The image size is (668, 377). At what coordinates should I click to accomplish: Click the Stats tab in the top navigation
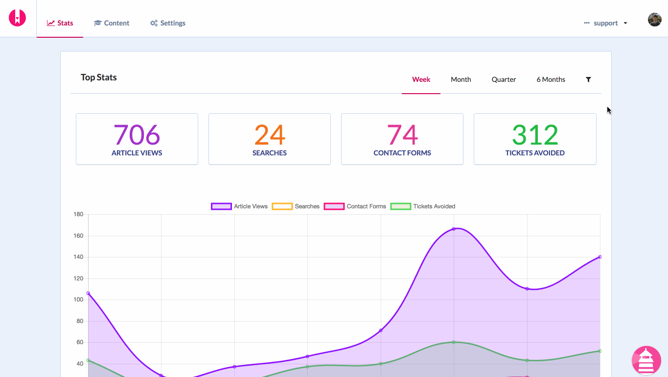[x=60, y=23]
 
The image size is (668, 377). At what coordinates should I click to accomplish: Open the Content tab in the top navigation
[x=112, y=23]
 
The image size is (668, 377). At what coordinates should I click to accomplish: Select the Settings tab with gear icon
[x=168, y=23]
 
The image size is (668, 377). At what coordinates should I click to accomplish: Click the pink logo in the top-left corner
[x=17, y=18]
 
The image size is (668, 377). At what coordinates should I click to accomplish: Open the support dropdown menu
[x=606, y=23]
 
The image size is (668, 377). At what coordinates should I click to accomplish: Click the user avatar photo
[x=654, y=20]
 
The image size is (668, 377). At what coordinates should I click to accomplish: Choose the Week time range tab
[x=421, y=79]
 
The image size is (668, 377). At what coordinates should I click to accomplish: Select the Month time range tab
[x=461, y=79]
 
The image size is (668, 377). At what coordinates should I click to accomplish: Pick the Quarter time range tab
[x=504, y=79]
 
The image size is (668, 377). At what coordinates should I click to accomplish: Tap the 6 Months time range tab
[x=551, y=79]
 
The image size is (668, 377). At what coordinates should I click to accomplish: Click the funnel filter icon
[x=588, y=79]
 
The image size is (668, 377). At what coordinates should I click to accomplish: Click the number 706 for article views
[x=137, y=135]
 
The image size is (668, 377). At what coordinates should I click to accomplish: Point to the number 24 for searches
[x=269, y=135]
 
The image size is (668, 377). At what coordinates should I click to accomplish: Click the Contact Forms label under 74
[x=402, y=153]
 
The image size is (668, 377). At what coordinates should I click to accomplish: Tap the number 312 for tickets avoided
[x=535, y=135]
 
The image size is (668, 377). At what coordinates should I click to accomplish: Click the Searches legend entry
[x=296, y=206]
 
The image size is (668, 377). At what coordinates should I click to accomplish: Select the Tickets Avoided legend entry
[x=423, y=206]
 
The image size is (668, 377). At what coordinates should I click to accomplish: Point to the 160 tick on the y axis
[x=78, y=236]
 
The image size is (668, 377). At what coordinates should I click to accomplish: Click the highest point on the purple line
[x=454, y=229]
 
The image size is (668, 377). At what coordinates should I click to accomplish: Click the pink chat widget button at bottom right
[x=646, y=360]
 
